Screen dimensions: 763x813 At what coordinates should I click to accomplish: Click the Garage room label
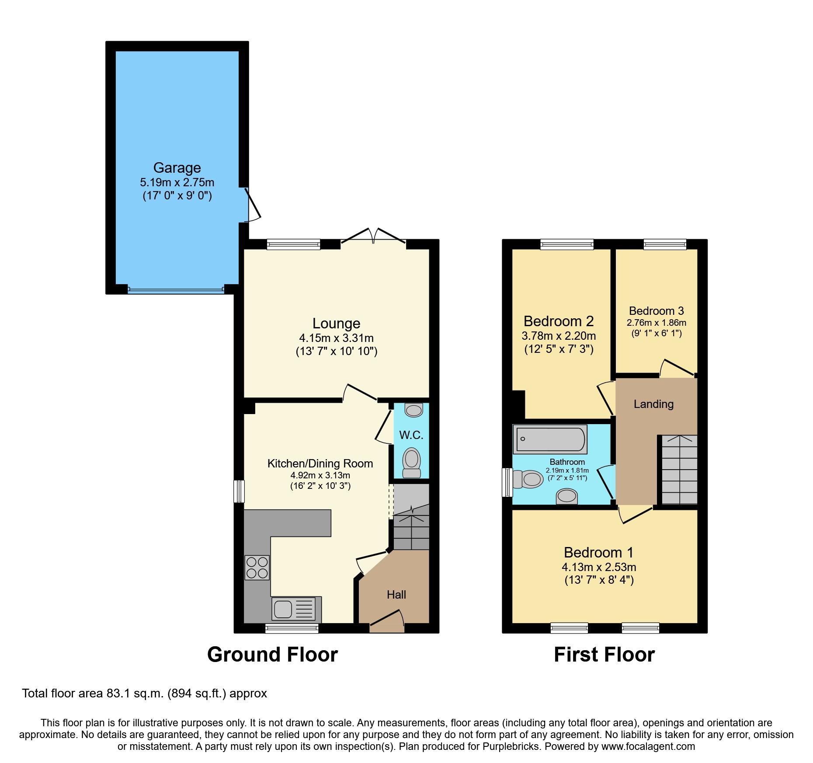[x=177, y=168]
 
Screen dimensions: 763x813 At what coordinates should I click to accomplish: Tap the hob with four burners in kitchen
[x=257, y=568]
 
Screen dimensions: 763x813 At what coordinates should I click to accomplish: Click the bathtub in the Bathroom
[x=550, y=439]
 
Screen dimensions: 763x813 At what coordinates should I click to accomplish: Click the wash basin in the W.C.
[x=413, y=410]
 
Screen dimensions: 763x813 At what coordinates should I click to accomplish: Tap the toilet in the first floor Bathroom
[x=528, y=479]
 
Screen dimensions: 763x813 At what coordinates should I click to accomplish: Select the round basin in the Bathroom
[x=567, y=496]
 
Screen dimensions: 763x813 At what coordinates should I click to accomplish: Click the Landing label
[x=653, y=404]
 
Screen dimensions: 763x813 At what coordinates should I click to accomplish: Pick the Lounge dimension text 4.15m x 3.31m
[x=336, y=338]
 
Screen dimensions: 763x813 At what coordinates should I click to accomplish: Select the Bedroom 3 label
[x=656, y=311]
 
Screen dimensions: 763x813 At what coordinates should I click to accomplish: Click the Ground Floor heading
[x=272, y=655]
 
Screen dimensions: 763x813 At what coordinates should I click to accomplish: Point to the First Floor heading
[x=604, y=655]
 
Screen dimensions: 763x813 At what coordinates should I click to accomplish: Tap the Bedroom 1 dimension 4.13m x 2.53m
[x=599, y=567]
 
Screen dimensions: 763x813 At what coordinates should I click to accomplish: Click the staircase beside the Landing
[x=679, y=470]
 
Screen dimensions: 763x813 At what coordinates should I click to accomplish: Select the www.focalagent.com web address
[x=648, y=746]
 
